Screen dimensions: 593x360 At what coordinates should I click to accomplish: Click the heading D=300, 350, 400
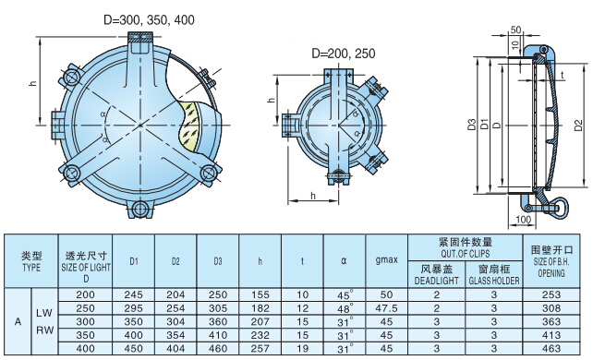click(x=149, y=19)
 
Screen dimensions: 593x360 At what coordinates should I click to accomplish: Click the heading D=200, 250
click(x=344, y=54)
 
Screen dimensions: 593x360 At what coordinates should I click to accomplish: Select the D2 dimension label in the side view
click(x=578, y=125)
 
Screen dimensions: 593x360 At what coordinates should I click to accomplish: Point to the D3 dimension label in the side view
click(x=471, y=125)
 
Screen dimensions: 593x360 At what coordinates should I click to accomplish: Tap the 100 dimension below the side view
click(x=523, y=219)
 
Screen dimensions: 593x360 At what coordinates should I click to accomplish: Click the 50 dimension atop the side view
click(x=515, y=30)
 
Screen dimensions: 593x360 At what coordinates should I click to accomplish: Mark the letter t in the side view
click(x=563, y=75)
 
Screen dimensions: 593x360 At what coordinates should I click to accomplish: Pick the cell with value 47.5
click(x=386, y=308)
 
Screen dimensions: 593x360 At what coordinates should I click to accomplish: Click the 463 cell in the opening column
click(x=551, y=348)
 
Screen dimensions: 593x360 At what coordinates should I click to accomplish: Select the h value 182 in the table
click(x=260, y=308)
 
